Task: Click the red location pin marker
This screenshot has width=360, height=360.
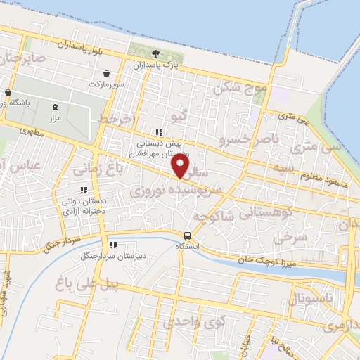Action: (181, 165)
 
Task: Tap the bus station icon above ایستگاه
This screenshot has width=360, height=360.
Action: (188, 236)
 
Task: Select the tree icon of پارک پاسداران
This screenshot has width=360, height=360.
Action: (155, 54)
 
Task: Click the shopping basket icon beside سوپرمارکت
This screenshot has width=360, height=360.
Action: (105, 73)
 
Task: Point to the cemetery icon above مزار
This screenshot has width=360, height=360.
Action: (56, 107)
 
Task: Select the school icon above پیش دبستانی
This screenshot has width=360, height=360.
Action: (159, 131)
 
